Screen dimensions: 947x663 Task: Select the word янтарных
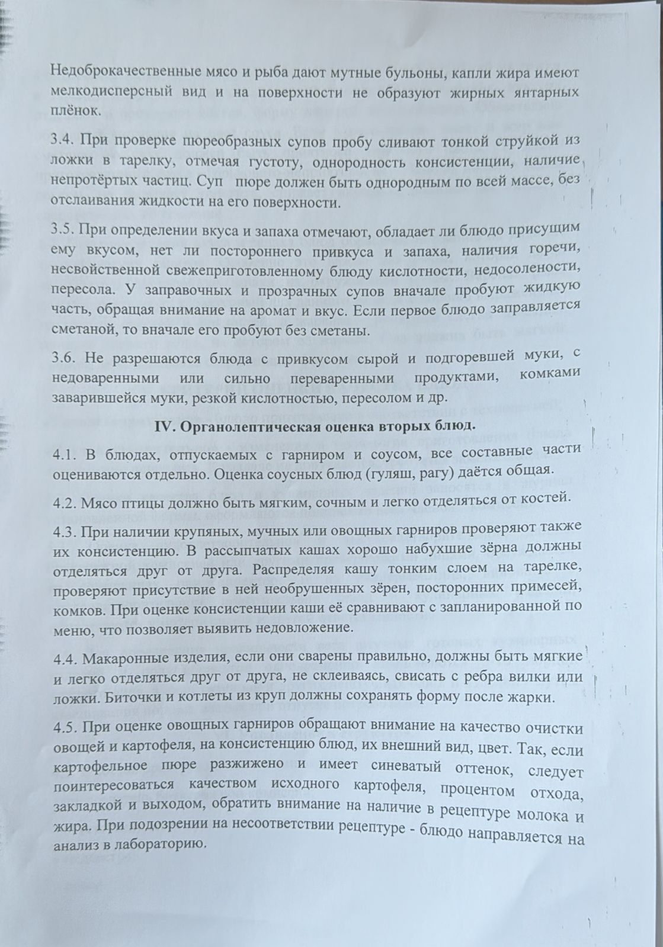(542, 92)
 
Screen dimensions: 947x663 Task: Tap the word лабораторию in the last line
(157, 842)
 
